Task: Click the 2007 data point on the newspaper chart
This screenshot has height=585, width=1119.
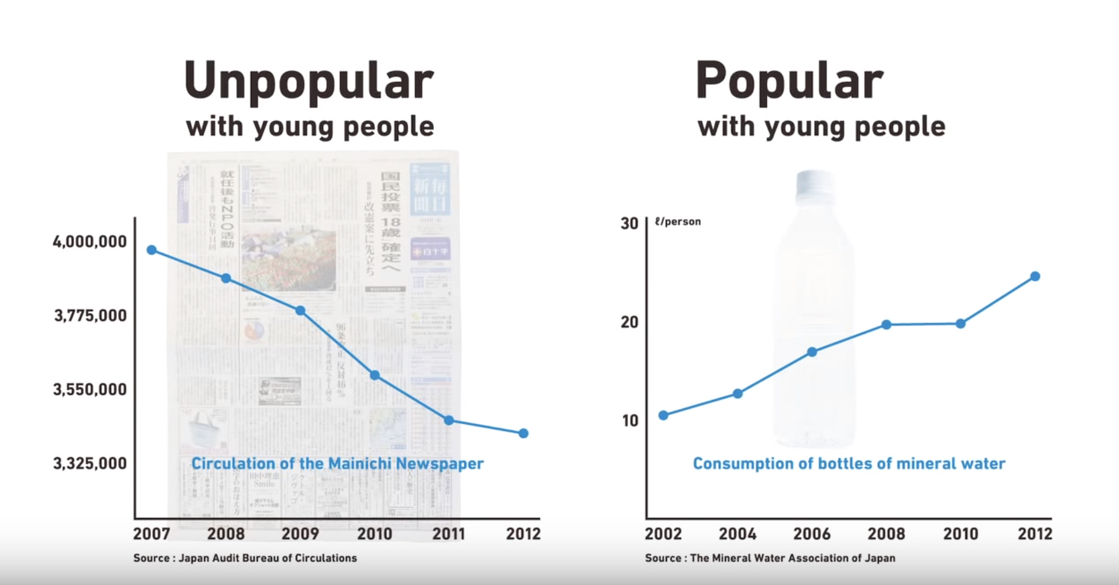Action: click(152, 250)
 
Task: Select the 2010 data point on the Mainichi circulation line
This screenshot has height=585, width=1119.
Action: click(374, 375)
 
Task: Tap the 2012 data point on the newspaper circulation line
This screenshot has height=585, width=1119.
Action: click(523, 433)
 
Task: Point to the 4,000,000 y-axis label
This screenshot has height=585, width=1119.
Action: click(89, 242)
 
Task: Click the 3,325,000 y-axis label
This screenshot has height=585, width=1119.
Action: click(89, 463)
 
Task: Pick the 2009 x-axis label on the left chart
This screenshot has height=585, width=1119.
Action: click(300, 533)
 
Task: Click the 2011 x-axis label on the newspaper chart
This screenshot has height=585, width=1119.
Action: click(448, 533)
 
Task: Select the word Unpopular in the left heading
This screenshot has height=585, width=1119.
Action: click(309, 81)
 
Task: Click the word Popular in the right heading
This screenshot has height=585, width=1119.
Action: click(789, 81)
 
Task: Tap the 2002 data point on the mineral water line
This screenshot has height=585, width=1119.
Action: click(663, 415)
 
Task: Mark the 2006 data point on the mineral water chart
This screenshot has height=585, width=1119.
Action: click(812, 352)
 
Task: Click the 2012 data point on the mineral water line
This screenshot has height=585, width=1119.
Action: click(1035, 276)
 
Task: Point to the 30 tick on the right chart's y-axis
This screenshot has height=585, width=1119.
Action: click(629, 224)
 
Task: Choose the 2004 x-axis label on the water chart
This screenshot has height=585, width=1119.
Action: click(737, 533)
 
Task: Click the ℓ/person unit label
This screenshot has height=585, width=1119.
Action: click(677, 222)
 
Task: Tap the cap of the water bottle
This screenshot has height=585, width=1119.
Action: click(814, 183)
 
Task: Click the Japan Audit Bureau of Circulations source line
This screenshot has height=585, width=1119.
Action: click(245, 558)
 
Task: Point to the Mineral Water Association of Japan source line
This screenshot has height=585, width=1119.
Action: click(770, 558)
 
